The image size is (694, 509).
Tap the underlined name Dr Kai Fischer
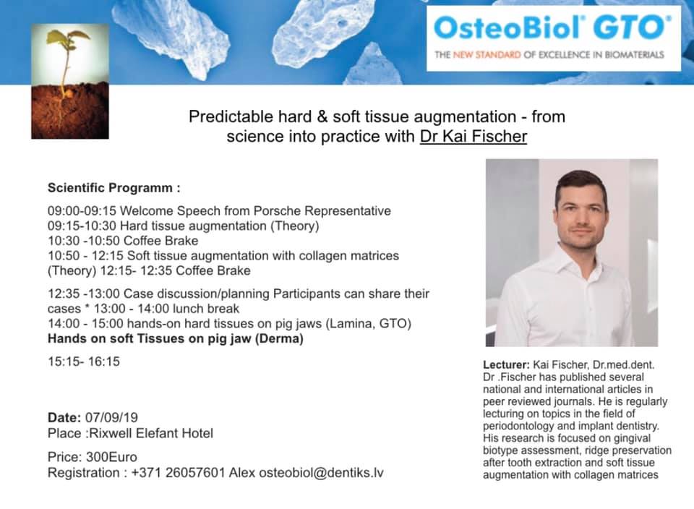(473, 136)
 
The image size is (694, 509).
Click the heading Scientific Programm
(113, 188)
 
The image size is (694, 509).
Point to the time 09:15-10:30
(82, 226)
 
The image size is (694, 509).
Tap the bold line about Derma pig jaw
(175, 338)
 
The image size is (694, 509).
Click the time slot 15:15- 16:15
(84, 362)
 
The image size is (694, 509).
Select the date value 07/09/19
(111, 417)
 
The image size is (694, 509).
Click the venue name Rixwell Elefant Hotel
(151, 433)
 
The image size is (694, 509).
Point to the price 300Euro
(111, 457)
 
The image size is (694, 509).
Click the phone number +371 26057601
(179, 473)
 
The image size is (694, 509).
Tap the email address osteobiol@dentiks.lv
(321, 473)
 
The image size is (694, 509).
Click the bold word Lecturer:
(506, 365)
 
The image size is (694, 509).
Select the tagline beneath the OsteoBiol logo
(549, 55)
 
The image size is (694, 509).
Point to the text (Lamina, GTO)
(368, 323)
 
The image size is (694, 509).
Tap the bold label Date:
(64, 417)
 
